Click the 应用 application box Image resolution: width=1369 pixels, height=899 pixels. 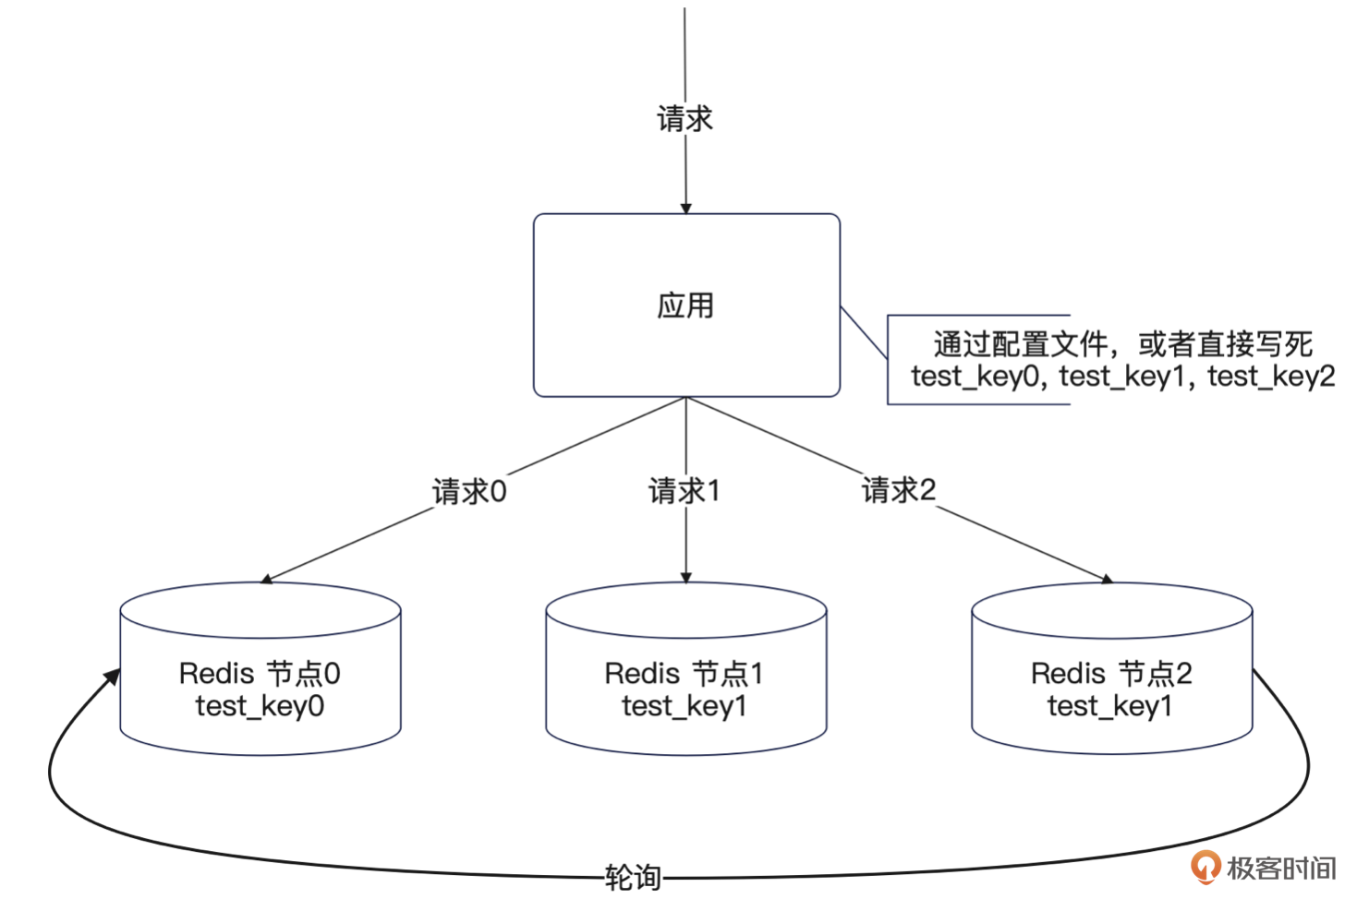[685, 306]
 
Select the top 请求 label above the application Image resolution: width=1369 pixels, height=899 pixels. [684, 118]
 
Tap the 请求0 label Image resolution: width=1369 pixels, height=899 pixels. [469, 491]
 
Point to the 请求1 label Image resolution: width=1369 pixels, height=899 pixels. [684, 490]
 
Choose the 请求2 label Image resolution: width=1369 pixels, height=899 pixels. [899, 489]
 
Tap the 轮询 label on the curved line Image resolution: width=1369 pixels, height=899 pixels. [633, 877]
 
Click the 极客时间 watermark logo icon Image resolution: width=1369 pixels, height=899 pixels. [1205, 867]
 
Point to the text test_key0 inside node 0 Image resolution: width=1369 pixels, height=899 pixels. [260, 706]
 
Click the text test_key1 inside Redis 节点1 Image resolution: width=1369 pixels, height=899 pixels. [684, 706]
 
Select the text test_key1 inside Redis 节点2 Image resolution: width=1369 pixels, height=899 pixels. [1109, 706]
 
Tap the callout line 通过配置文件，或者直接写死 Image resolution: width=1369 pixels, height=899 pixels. [1122, 344]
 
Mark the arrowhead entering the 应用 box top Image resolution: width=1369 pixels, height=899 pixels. [685, 208]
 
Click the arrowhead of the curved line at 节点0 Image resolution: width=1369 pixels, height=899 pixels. [113, 677]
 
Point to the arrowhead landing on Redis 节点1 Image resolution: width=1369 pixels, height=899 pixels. [685, 578]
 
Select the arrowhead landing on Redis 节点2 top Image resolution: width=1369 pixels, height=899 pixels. [1106, 579]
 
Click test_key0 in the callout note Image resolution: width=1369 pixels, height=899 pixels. [975, 377]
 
